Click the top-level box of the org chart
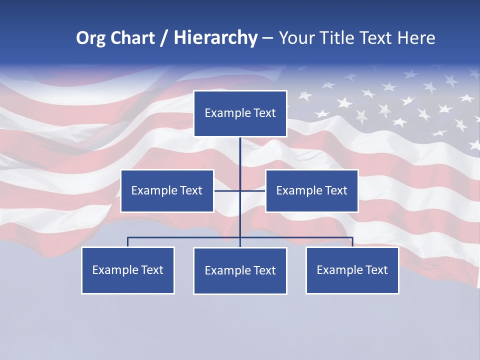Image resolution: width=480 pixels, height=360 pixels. coord(240,113)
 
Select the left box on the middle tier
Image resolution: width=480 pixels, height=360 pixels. coord(167,190)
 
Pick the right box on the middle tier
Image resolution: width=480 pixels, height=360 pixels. coord(311,190)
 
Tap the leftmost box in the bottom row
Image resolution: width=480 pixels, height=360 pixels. coord(128,270)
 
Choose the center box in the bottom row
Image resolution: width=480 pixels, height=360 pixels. coord(240,270)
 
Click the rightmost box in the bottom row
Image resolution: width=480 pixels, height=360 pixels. coord(352,270)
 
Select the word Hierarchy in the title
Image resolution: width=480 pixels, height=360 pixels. coord(215,38)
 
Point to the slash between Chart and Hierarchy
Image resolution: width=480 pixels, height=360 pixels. coord(163,38)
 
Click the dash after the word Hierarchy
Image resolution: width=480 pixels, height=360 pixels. coord(267,38)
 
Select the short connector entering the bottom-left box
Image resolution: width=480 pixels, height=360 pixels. coord(128,242)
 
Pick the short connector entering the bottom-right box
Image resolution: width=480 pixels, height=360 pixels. coord(352,242)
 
